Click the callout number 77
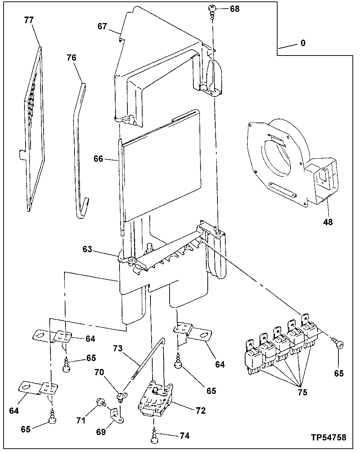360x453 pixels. click(x=29, y=20)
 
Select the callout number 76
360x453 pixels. click(x=72, y=57)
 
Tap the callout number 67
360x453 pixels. click(x=102, y=26)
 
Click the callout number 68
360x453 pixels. click(x=234, y=9)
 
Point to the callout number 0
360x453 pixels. click(x=303, y=43)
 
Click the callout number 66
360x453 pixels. click(x=99, y=159)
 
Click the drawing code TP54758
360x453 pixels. click(x=329, y=438)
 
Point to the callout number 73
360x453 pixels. click(x=118, y=348)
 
